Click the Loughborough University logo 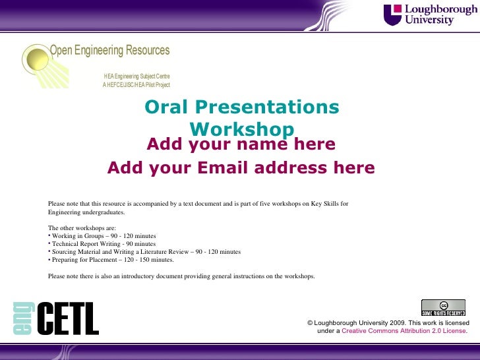click(429, 15)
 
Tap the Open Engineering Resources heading click(110, 51)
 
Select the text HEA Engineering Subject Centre click(136, 77)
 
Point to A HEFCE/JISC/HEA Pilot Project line click(136, 85)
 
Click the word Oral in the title click(165, 107)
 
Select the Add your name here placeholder click(241, 144)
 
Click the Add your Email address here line click(241, 168)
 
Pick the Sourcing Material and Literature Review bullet click(145, 252)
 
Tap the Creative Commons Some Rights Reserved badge click(444, 307)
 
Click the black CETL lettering click(67, 319)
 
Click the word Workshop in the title click(241, 128)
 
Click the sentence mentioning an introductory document click(181, 276)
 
